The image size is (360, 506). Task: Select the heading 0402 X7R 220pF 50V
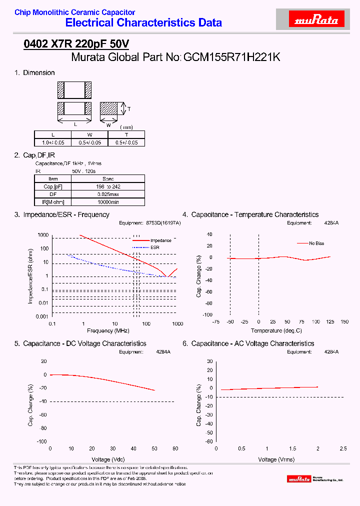pyautogui.click(x=76, y=44)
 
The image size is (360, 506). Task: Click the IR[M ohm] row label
pyautogui.click(x=53, y=202)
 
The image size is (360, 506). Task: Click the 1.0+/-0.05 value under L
pyautogui.click(x=53, y=142)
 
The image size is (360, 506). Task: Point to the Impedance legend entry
pyautogui.click(x=160, y=240)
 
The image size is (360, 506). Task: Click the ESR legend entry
pyautogui.click(x=155, y=247)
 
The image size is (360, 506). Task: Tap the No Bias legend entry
pyautogui.click(x=316, y=243)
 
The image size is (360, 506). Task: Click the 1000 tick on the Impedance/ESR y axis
pyautogui.click(x=43, y=235)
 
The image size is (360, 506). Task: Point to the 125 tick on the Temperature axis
pyautogui.click(x=330, y=321)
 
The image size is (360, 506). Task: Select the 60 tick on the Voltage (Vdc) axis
pyautogui.click(x=175, y=448)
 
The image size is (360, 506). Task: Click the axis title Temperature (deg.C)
pyautogui.click(x=276, y=330)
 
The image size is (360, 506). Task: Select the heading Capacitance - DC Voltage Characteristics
pyautogui.click(x=84, y=343)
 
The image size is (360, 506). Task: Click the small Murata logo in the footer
pyautogui.click(x=298, y=479)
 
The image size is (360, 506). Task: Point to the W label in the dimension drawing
pyautogui.click(x=108, y=125)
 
